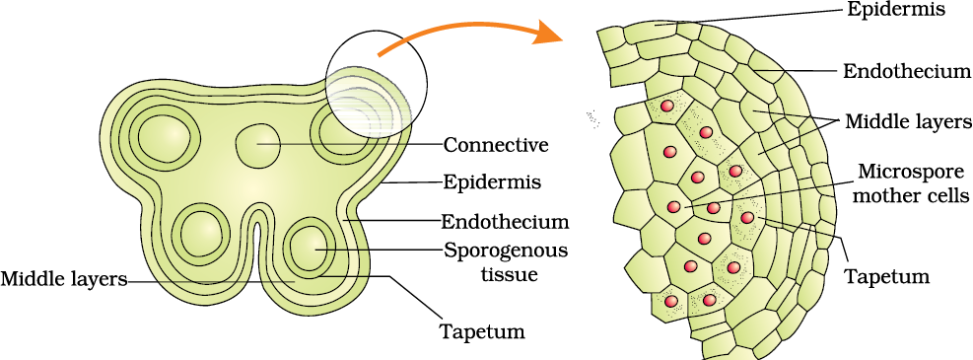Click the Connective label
pyautogui.click(x=495, y=145)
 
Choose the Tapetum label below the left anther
pyautogui.click(x=481, y=330)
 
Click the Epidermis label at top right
pyautogui.click(x=896, y=10)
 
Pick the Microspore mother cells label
pyautogui.click(x=903, y=183)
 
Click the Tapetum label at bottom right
pyautogui.click(x=887, y=276)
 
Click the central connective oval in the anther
pyautogui.click(x=259, y=145)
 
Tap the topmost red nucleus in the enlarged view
pyautogui.click(x=666, y=106)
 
